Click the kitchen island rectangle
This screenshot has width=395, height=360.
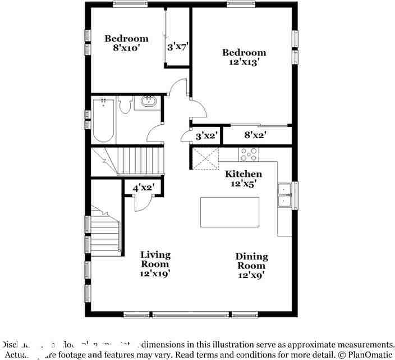(231, 212)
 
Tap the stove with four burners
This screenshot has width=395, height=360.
(248, 154)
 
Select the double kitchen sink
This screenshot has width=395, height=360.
(284, 195)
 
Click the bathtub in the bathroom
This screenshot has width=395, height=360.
(103, 120)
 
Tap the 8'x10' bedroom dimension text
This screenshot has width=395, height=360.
(126, 49)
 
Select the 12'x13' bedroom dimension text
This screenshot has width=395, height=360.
(244, 63)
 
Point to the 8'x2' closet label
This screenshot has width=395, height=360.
(255, 135)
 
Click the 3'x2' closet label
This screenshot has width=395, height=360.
(206, 135)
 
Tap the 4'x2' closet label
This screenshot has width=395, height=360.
(144, 188)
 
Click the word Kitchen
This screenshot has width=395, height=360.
(244, 174)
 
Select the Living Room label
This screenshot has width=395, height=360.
(155, 259)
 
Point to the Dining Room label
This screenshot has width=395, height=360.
(251, 261)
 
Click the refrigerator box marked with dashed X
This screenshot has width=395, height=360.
(205, 158)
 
